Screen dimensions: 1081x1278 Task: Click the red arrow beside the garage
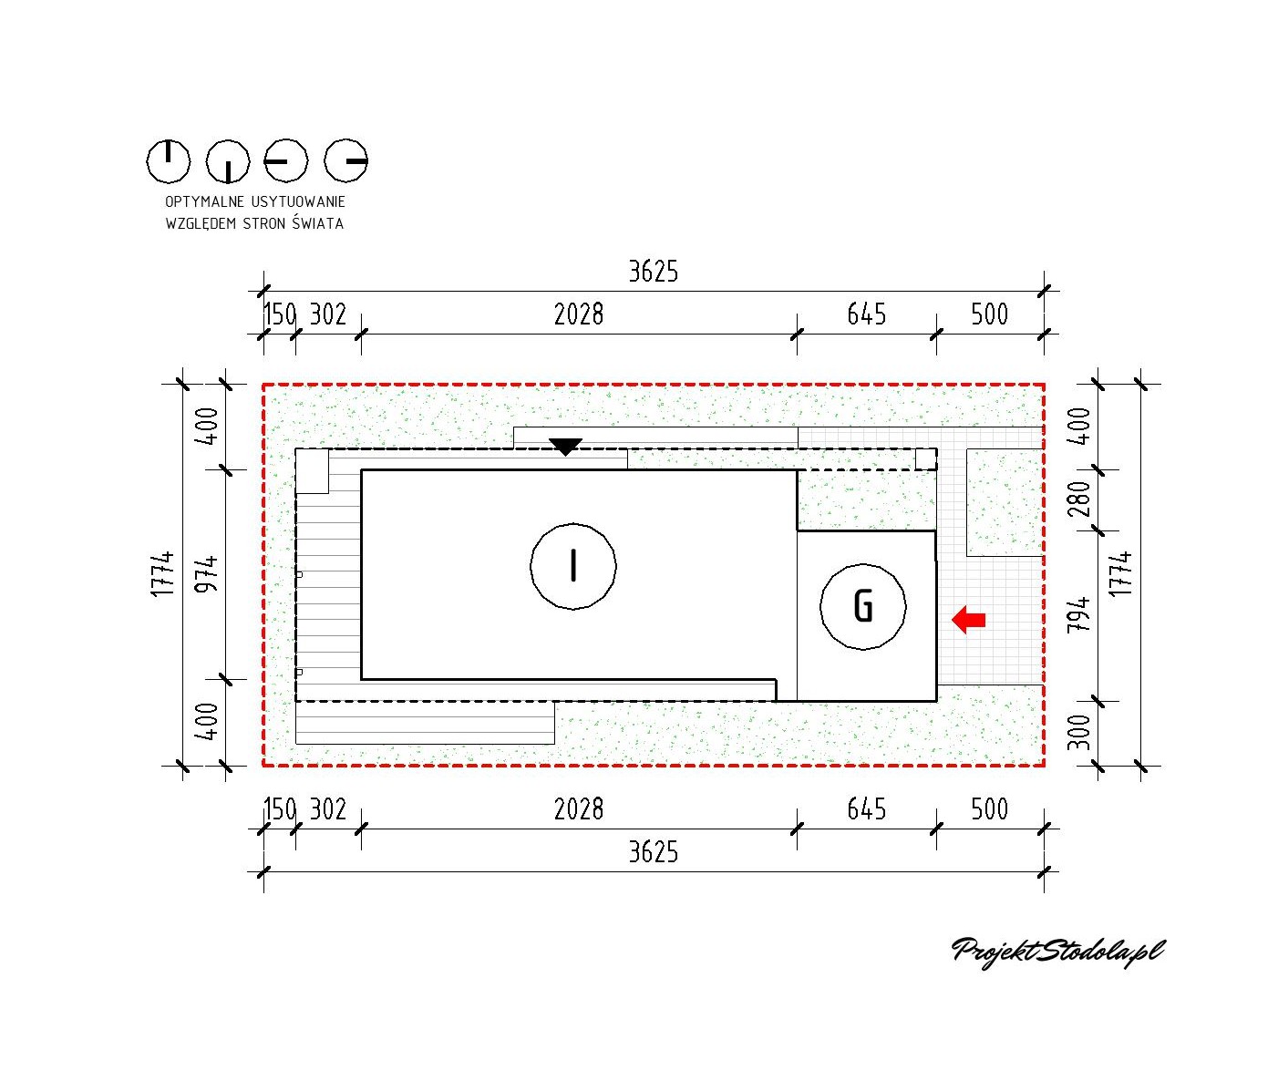[x=968, y=620]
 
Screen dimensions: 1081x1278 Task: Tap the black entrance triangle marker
[x=565, y=447]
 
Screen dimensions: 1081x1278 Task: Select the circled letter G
[x=862, y=606]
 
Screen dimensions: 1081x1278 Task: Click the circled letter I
[x=572, y=566]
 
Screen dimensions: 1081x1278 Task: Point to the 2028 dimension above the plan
[x=579, y=314]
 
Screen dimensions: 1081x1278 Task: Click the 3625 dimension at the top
[x=654, y=272]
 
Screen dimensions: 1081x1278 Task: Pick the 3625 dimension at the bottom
[x=654, y=851]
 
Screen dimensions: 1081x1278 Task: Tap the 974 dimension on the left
[x=209, y=574]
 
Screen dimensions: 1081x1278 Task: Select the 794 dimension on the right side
[x=1078, y=616]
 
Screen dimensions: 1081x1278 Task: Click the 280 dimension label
[x=1078, y=499]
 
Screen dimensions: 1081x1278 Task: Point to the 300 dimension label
[x=1078, y=732]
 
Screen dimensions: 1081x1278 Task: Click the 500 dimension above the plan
[x=989, y=314]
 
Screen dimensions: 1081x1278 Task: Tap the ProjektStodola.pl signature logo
[x=1057, y=952]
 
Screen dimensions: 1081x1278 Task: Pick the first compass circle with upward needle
[x=169, y=162]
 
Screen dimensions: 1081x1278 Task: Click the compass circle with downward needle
[x=228, y=162]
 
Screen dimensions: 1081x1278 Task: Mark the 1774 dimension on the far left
[x=163, y=574]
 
